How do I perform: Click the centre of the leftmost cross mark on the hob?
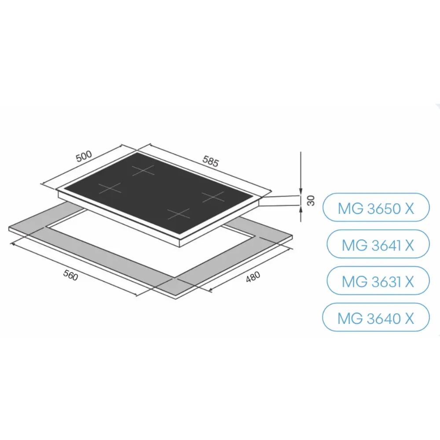tap(110, 188)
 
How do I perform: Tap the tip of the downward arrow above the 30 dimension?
tap(301, 195)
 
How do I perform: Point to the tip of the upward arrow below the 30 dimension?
tap(301, 205)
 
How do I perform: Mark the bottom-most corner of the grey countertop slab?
tap(176, 299)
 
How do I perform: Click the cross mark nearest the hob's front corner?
tap(179, 214)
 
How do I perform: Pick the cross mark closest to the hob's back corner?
tap(143, 170)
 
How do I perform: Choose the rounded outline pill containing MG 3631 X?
tap(378, 281)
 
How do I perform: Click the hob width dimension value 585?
tap(210, 161)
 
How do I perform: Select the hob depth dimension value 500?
tap(84, 156)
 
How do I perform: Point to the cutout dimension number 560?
tap(70, 275)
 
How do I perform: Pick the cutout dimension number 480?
tap(253, 277)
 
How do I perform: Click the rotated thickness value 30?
tap(311, 201)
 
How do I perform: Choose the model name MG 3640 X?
tap(376, 319)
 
